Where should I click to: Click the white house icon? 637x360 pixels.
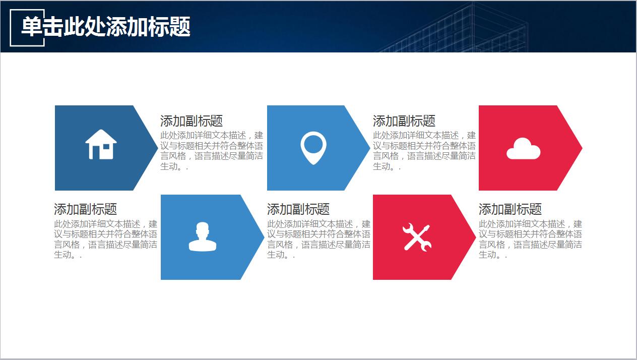101,144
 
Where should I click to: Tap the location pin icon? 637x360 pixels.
313,148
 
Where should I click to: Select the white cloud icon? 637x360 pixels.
524,149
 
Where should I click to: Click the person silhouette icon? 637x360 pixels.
203,236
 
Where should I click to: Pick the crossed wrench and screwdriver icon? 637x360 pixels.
417,237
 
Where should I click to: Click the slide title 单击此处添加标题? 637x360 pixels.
106,26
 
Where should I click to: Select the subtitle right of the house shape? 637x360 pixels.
192,121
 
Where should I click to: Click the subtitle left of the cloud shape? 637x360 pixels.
404,121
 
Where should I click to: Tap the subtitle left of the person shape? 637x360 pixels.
85,209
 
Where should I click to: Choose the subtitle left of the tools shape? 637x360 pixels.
298,209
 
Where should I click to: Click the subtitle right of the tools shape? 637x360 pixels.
510,209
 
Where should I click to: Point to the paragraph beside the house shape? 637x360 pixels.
212,151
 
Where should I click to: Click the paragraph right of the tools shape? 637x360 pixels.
530,239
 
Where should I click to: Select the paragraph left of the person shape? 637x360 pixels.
105,239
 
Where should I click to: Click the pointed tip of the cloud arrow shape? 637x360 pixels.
582,148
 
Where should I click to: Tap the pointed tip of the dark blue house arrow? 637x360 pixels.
157,148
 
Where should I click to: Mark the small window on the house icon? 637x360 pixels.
106,147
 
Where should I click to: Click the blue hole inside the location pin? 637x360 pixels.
313,144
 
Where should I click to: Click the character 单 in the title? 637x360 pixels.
32,26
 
